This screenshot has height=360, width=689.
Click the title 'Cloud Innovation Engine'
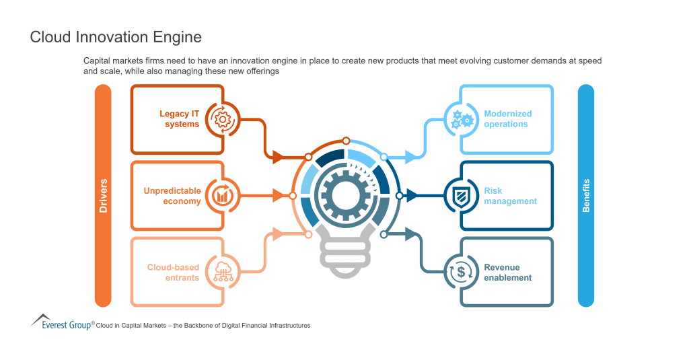pos(116,37)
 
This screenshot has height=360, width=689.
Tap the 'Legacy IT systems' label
pos(179,119)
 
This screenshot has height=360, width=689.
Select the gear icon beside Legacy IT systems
pos(221,119)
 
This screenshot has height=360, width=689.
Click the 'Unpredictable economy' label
pos(172,196)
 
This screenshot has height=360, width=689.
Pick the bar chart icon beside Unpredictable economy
pos(221,196)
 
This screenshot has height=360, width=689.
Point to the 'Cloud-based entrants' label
pos(173,272)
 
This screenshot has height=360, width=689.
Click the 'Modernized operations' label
pos(507,119)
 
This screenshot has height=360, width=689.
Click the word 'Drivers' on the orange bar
pos(103,196)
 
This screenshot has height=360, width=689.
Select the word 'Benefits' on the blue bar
pos(586,196)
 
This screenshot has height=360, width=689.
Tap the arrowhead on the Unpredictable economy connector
pos(278,196)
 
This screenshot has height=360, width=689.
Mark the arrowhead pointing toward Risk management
pos(412,196)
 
